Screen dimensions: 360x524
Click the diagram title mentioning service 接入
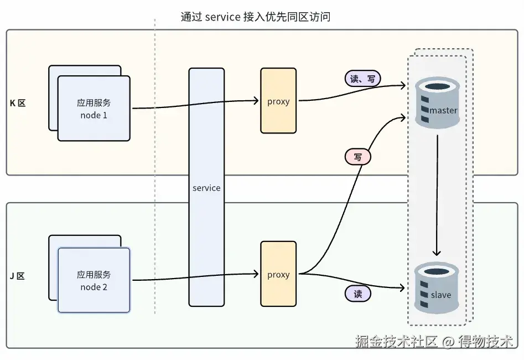click(x=255, y=17)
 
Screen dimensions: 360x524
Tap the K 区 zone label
click(x=18, y=103)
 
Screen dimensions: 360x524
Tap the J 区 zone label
click(x=17, y=276)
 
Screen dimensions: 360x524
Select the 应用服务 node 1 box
click(x=94, y=109)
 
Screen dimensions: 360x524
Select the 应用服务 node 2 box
click(x=94, y=281)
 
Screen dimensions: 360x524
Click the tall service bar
click(x=206, y=138)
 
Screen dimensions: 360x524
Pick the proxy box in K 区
click(x=278, y=101)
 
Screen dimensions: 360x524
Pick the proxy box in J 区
click(x=278, y=274)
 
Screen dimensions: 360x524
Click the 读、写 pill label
click(x=362, y=79)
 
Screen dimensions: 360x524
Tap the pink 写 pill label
click(x=358, y=157)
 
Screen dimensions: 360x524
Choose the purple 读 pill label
click(x=358, y=294)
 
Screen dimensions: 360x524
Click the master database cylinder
click(x=437, y=102)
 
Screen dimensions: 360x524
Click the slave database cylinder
click(x=437, y=288)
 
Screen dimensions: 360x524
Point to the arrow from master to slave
click(x=438, y=194)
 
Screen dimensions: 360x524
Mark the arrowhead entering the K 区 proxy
click(x=257, y=101)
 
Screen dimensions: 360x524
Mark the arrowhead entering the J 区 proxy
click(x=257, y=274)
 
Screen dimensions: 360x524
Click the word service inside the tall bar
click(x=206, y=188)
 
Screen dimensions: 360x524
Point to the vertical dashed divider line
click(x=155, y=166)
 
